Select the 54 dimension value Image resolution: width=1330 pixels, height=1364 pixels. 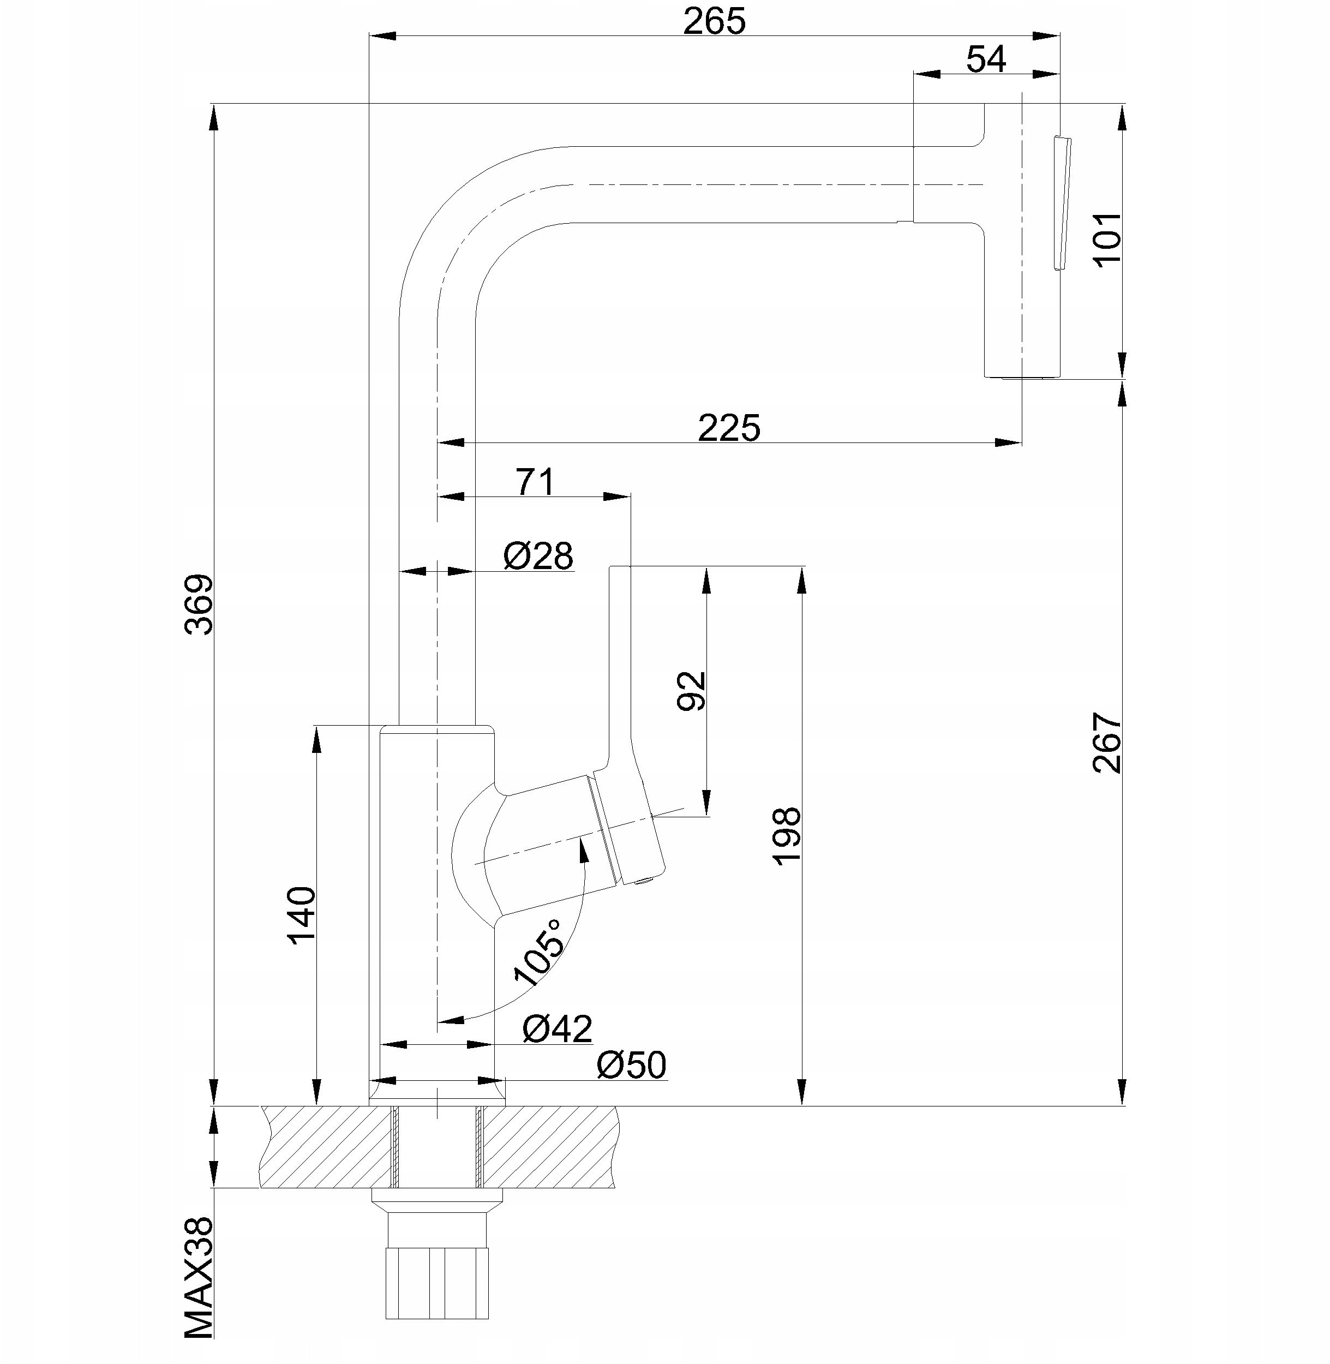point(986,59)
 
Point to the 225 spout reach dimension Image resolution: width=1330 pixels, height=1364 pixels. point(729,428)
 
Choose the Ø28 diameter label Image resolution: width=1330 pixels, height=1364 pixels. point(538,556)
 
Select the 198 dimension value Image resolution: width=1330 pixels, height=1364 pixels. point(787,836)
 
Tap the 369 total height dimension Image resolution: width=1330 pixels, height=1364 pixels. point(199,605)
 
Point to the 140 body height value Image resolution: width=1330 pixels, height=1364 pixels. point(302,916)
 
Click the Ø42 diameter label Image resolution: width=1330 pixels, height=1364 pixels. point(558,1028)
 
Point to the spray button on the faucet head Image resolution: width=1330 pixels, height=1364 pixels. point(1063,202)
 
